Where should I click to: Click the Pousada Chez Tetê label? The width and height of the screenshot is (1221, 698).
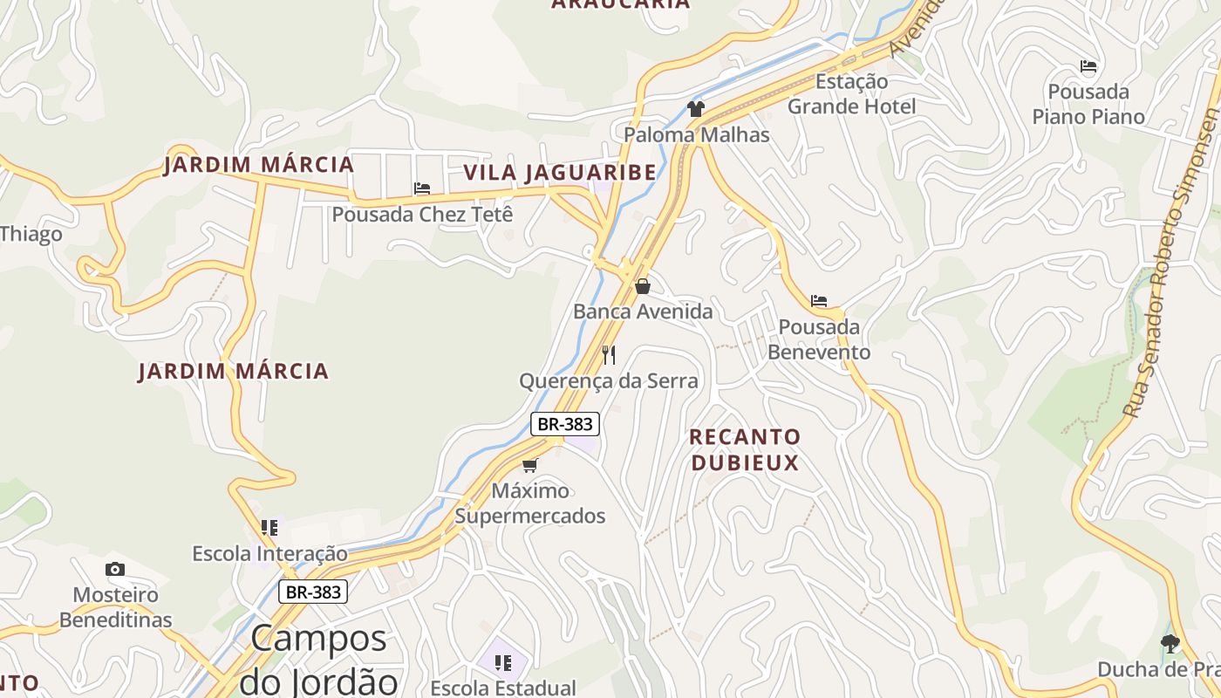click(422, 214)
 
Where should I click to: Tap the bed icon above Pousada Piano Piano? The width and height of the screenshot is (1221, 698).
click(1088, 66)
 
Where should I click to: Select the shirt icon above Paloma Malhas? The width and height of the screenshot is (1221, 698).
click(695, 109)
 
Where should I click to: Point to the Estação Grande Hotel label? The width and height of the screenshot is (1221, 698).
click(851, 94)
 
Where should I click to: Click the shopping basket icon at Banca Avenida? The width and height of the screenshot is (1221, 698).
click(643, 286)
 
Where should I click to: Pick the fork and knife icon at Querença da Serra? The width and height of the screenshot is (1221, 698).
click(609, 355)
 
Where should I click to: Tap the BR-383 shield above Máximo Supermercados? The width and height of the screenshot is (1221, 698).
click(564, 424)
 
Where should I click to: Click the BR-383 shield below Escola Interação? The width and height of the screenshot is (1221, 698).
click(313, 592)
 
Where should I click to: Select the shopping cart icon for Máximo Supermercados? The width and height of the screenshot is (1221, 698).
click(530, 465)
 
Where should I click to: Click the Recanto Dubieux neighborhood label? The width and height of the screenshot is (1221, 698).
click(745, 449)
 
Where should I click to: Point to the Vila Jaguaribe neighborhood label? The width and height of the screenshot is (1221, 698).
click(559, 173)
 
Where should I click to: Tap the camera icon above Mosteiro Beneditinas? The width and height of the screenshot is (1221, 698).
click(115, 570)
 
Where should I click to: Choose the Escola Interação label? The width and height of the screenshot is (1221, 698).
click(269, 553)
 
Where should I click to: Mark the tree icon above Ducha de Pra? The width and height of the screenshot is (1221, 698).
click(1170, 644)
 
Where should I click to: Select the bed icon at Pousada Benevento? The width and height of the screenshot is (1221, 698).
click(819, 301)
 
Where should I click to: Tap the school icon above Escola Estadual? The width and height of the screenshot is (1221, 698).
click(503, 663)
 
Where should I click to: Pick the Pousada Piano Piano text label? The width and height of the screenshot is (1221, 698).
click(1088, 104)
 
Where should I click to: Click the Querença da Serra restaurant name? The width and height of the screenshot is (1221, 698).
click(609, 381)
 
